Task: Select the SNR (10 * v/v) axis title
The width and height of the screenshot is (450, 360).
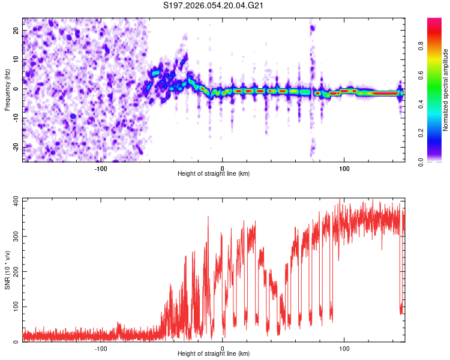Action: tap(7, 271)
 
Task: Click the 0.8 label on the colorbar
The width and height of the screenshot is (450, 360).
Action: tap(436, 46)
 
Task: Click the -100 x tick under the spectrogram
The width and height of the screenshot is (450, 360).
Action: tap(101, 168)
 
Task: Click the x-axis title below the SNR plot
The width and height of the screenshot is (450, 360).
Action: tap(214, 354)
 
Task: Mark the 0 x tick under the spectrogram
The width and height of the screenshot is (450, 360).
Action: tap(223, 168)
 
